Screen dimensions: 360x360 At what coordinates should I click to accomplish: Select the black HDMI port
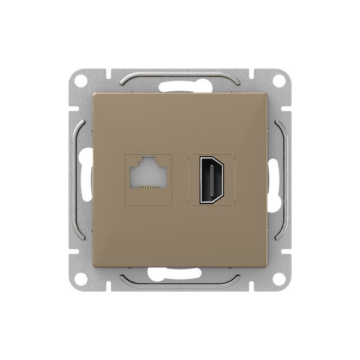(x=212, y=179)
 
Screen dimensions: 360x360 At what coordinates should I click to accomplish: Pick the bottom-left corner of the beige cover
(x=95, y=266)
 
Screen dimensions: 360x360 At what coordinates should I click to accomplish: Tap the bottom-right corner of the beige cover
(x=266, y=266)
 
